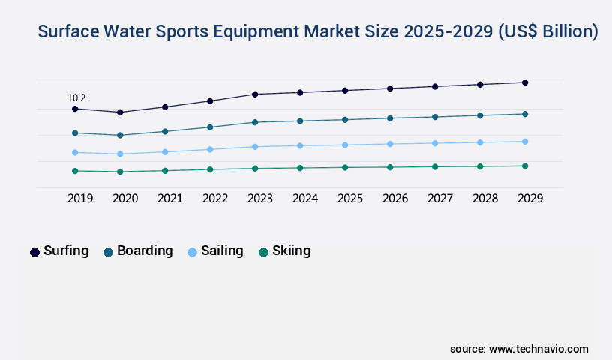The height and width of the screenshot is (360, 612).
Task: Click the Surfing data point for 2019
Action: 75,109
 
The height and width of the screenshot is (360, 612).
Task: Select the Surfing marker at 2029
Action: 525,82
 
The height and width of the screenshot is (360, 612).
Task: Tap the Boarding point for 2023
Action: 255,122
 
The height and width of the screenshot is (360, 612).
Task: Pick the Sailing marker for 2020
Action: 120,154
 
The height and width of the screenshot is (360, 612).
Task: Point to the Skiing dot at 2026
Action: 390,167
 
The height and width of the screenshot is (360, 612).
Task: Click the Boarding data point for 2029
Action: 525,114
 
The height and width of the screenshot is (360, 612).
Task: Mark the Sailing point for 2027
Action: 435,143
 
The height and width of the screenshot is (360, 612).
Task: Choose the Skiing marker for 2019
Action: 75,171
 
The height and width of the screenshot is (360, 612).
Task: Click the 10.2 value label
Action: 76,97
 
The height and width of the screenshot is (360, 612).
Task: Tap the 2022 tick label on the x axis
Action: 215,199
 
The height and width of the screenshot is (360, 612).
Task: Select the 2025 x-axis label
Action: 350,199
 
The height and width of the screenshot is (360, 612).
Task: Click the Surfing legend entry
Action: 66,251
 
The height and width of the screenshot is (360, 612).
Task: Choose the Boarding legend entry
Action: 145,251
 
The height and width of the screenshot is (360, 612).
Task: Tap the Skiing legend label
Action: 292,251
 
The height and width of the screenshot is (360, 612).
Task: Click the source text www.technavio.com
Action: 538,349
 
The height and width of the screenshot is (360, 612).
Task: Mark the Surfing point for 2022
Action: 210,100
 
